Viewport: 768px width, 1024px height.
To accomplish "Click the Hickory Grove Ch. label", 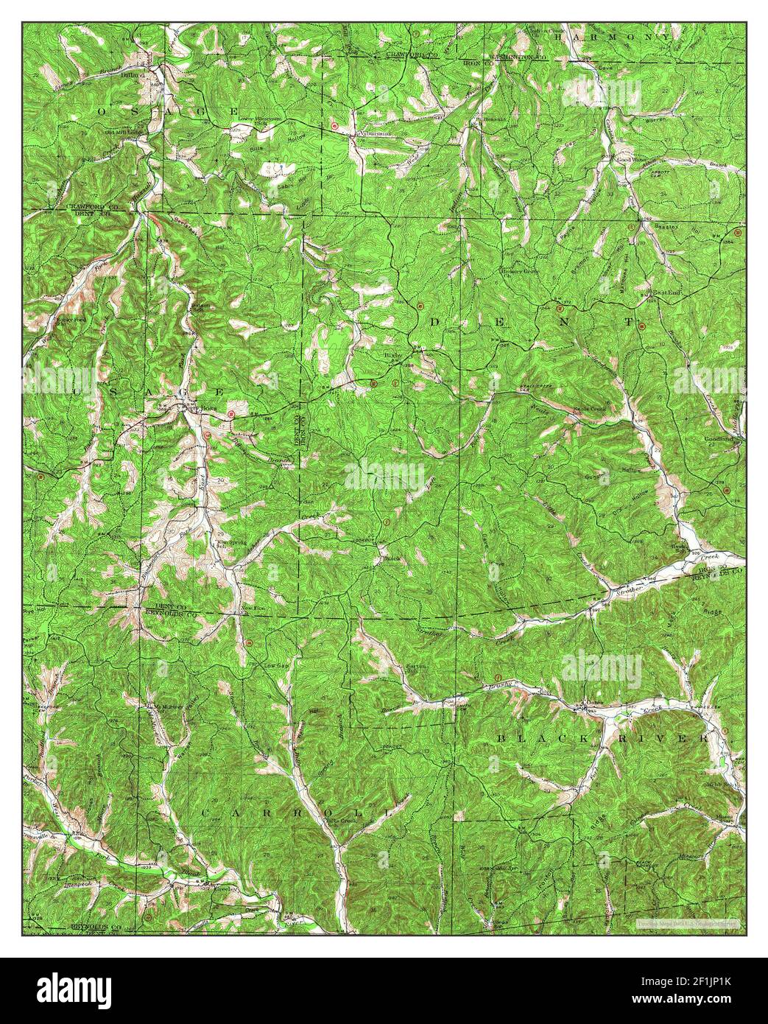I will click(x=521, y=271).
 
